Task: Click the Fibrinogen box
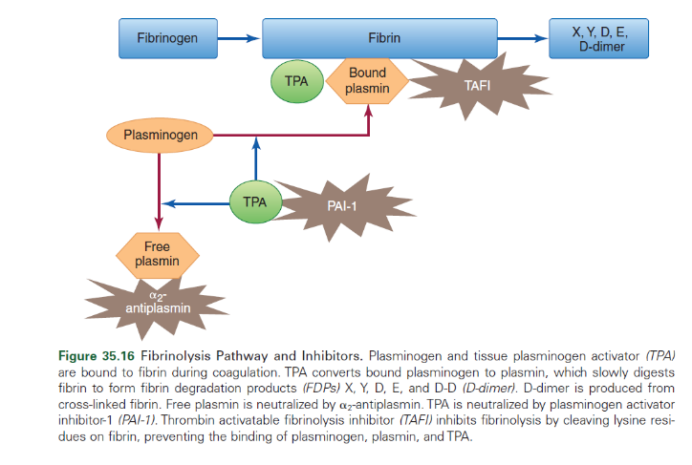pos(167,39)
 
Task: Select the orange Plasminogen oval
pos(160,136)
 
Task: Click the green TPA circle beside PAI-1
pos(255,201)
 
